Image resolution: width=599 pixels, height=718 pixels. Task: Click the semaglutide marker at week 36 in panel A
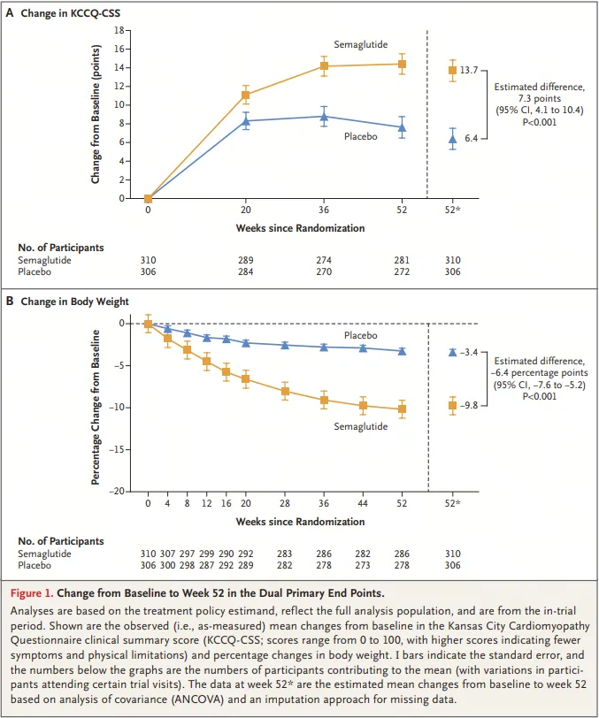(324, 66)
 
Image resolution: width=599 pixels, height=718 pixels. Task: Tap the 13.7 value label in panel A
(469, 70)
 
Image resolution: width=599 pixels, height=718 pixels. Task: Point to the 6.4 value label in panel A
(471, 139)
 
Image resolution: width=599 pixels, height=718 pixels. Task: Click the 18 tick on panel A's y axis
(118, 30)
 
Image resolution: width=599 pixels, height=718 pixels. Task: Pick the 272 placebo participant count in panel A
(402, 271)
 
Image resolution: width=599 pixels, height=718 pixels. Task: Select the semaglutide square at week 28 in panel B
(285, 391)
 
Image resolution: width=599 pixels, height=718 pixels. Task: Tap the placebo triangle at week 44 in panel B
(363, 348)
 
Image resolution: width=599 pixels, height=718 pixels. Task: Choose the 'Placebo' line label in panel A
(360, 136)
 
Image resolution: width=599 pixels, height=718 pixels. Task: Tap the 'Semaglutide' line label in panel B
(360, 426)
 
